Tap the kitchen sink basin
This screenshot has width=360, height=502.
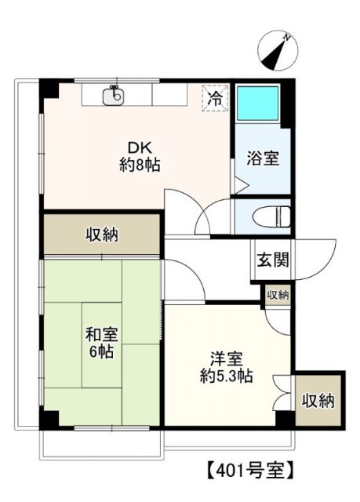(115, 97)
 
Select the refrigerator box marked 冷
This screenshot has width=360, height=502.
(213, 98)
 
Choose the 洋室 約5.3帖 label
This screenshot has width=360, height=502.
(224, 367)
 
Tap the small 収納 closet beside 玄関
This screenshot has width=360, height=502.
(277, 296)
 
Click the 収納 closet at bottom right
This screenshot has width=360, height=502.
(318, 400)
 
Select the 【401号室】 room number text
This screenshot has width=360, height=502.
(250, 471)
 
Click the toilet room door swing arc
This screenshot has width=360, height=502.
(212, 213)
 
